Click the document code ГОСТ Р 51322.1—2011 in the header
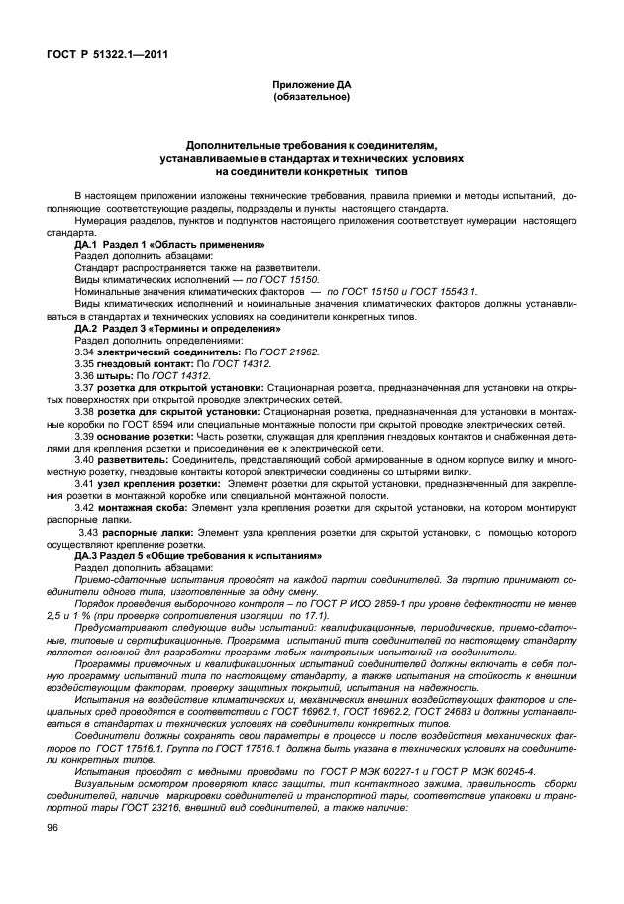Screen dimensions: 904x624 pos(105,54)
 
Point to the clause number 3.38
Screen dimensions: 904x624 pos(86,410)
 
